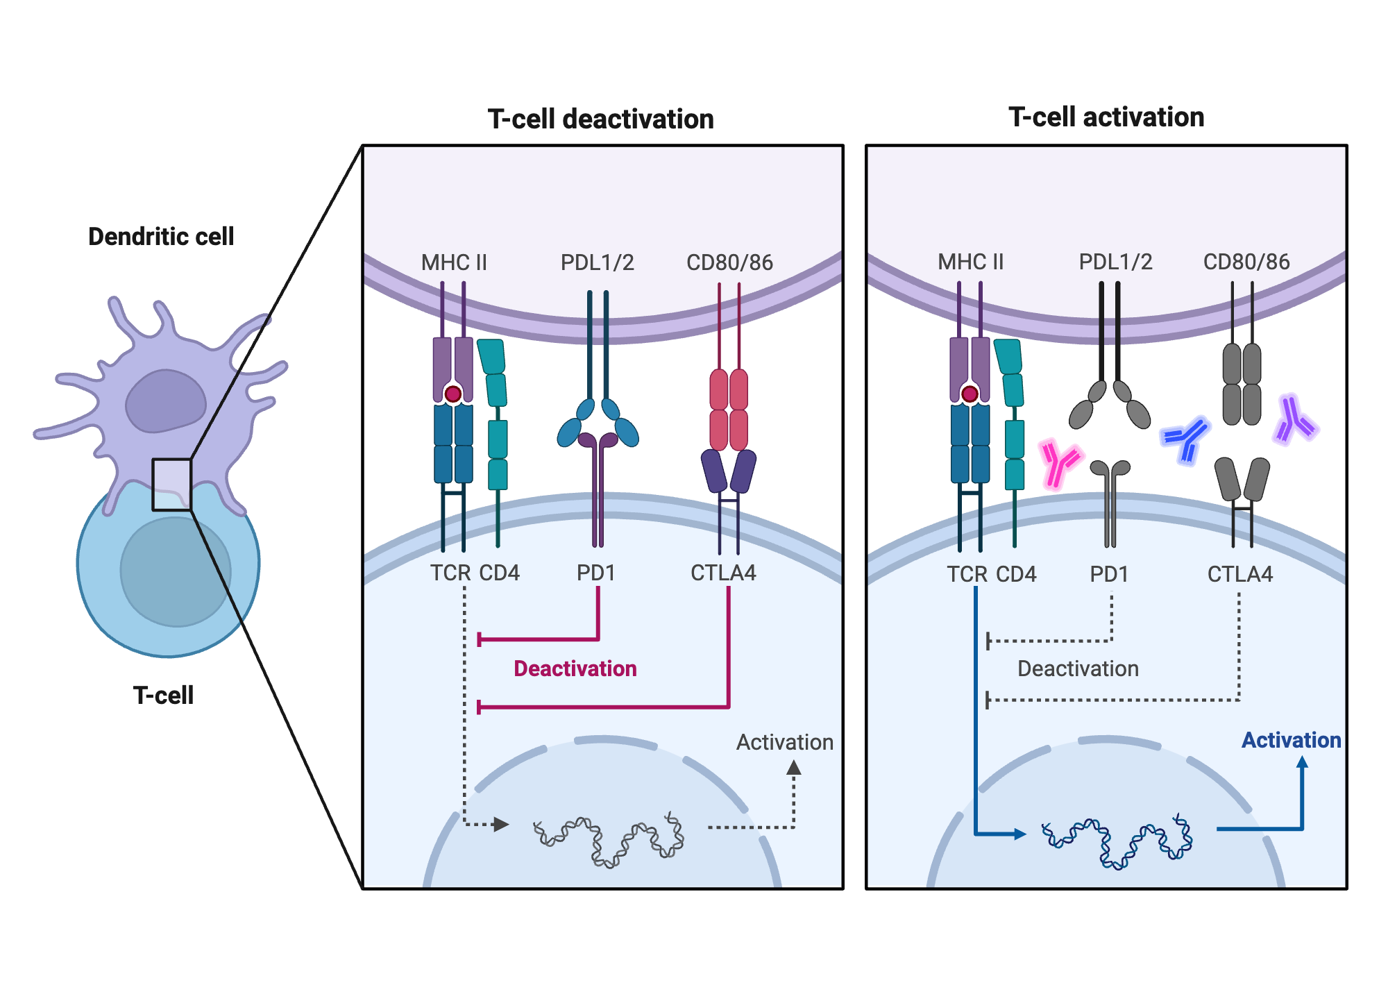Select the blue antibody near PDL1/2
tap(1187, 439)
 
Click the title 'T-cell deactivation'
tap(600, 119)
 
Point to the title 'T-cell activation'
tap(1106, 117)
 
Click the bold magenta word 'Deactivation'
tap(575, 669)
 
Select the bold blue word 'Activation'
tap(1291, 740)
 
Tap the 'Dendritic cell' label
tap(161, 237)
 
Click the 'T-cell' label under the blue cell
tap(163, 695)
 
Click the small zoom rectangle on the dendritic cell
tap(171, 485)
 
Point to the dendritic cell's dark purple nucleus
tap(165, 401)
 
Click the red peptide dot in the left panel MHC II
tap(453, 394)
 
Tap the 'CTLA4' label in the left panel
tap(723, 573)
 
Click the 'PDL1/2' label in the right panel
tap(1115, 262)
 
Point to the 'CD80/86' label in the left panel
tap(729, 262)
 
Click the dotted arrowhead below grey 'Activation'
tap(794, 768)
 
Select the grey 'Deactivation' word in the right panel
tap(1078, 669)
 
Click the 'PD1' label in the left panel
tap(596, 573)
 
